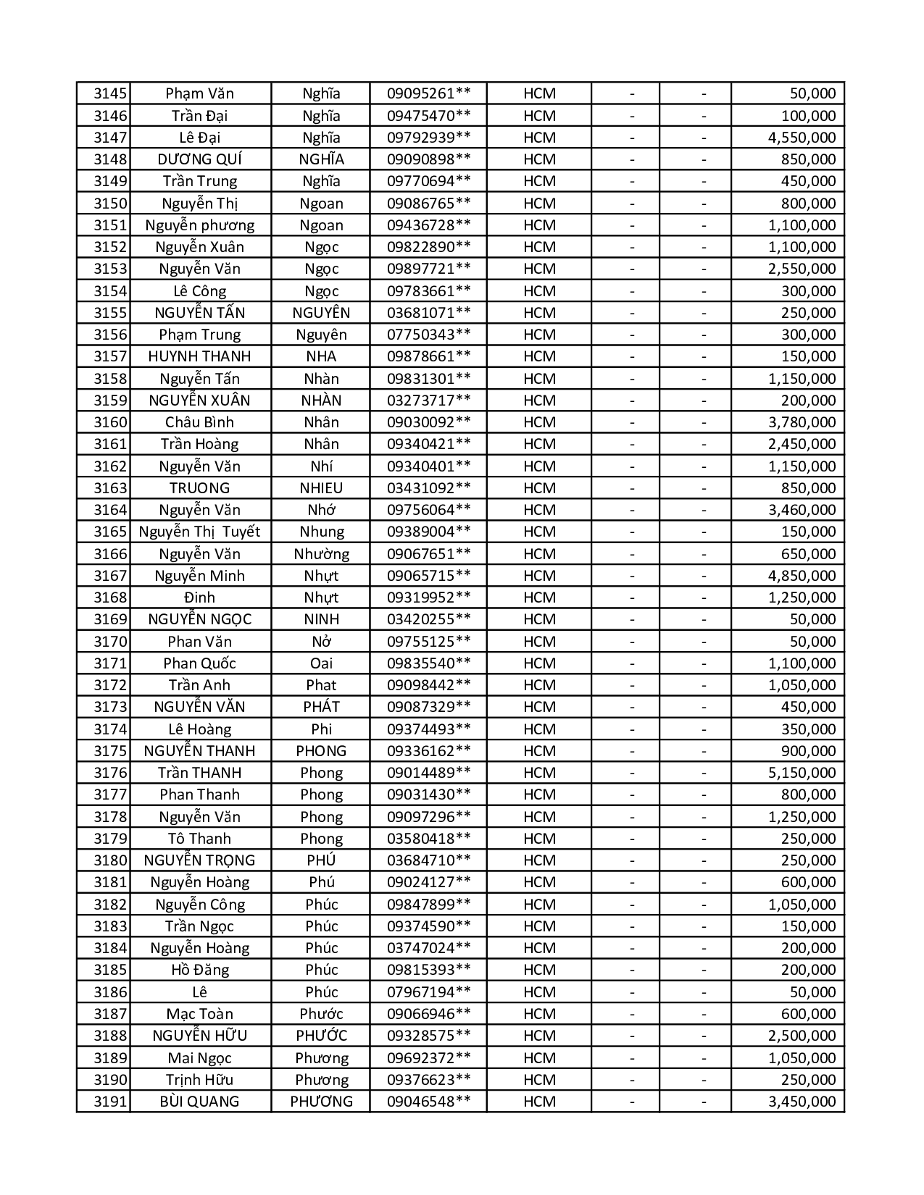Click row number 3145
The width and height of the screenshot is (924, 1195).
coord(110,93)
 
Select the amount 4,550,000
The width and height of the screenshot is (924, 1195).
coord(802,138)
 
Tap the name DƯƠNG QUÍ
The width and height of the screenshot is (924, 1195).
coord(199,159)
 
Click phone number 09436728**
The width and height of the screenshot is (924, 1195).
coord(428,225)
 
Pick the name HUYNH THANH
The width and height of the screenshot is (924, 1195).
coord(199,356)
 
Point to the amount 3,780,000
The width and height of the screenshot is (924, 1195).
coord(802,422)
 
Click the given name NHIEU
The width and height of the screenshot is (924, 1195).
coord(321,488)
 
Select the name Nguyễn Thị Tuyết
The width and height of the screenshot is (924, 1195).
coord(199,532)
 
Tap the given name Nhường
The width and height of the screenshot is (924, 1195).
coord(321,554)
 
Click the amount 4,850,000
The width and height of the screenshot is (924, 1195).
coord(802,576)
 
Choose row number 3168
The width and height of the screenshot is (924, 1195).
coord(110,597)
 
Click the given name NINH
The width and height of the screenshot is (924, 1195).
coord(321,619)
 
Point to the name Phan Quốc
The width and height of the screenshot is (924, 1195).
coord(199,663)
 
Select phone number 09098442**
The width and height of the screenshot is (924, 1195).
coord(428,685)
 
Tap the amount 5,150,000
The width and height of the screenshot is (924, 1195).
coord(802,773)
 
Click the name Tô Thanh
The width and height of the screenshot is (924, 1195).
coord(199,839)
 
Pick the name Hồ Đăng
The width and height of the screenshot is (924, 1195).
coord(199,970)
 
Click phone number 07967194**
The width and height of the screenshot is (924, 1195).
coord(428,992)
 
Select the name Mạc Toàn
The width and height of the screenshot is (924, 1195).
coord(199,1014)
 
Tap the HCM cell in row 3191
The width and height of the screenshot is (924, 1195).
coord(539,1102)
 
